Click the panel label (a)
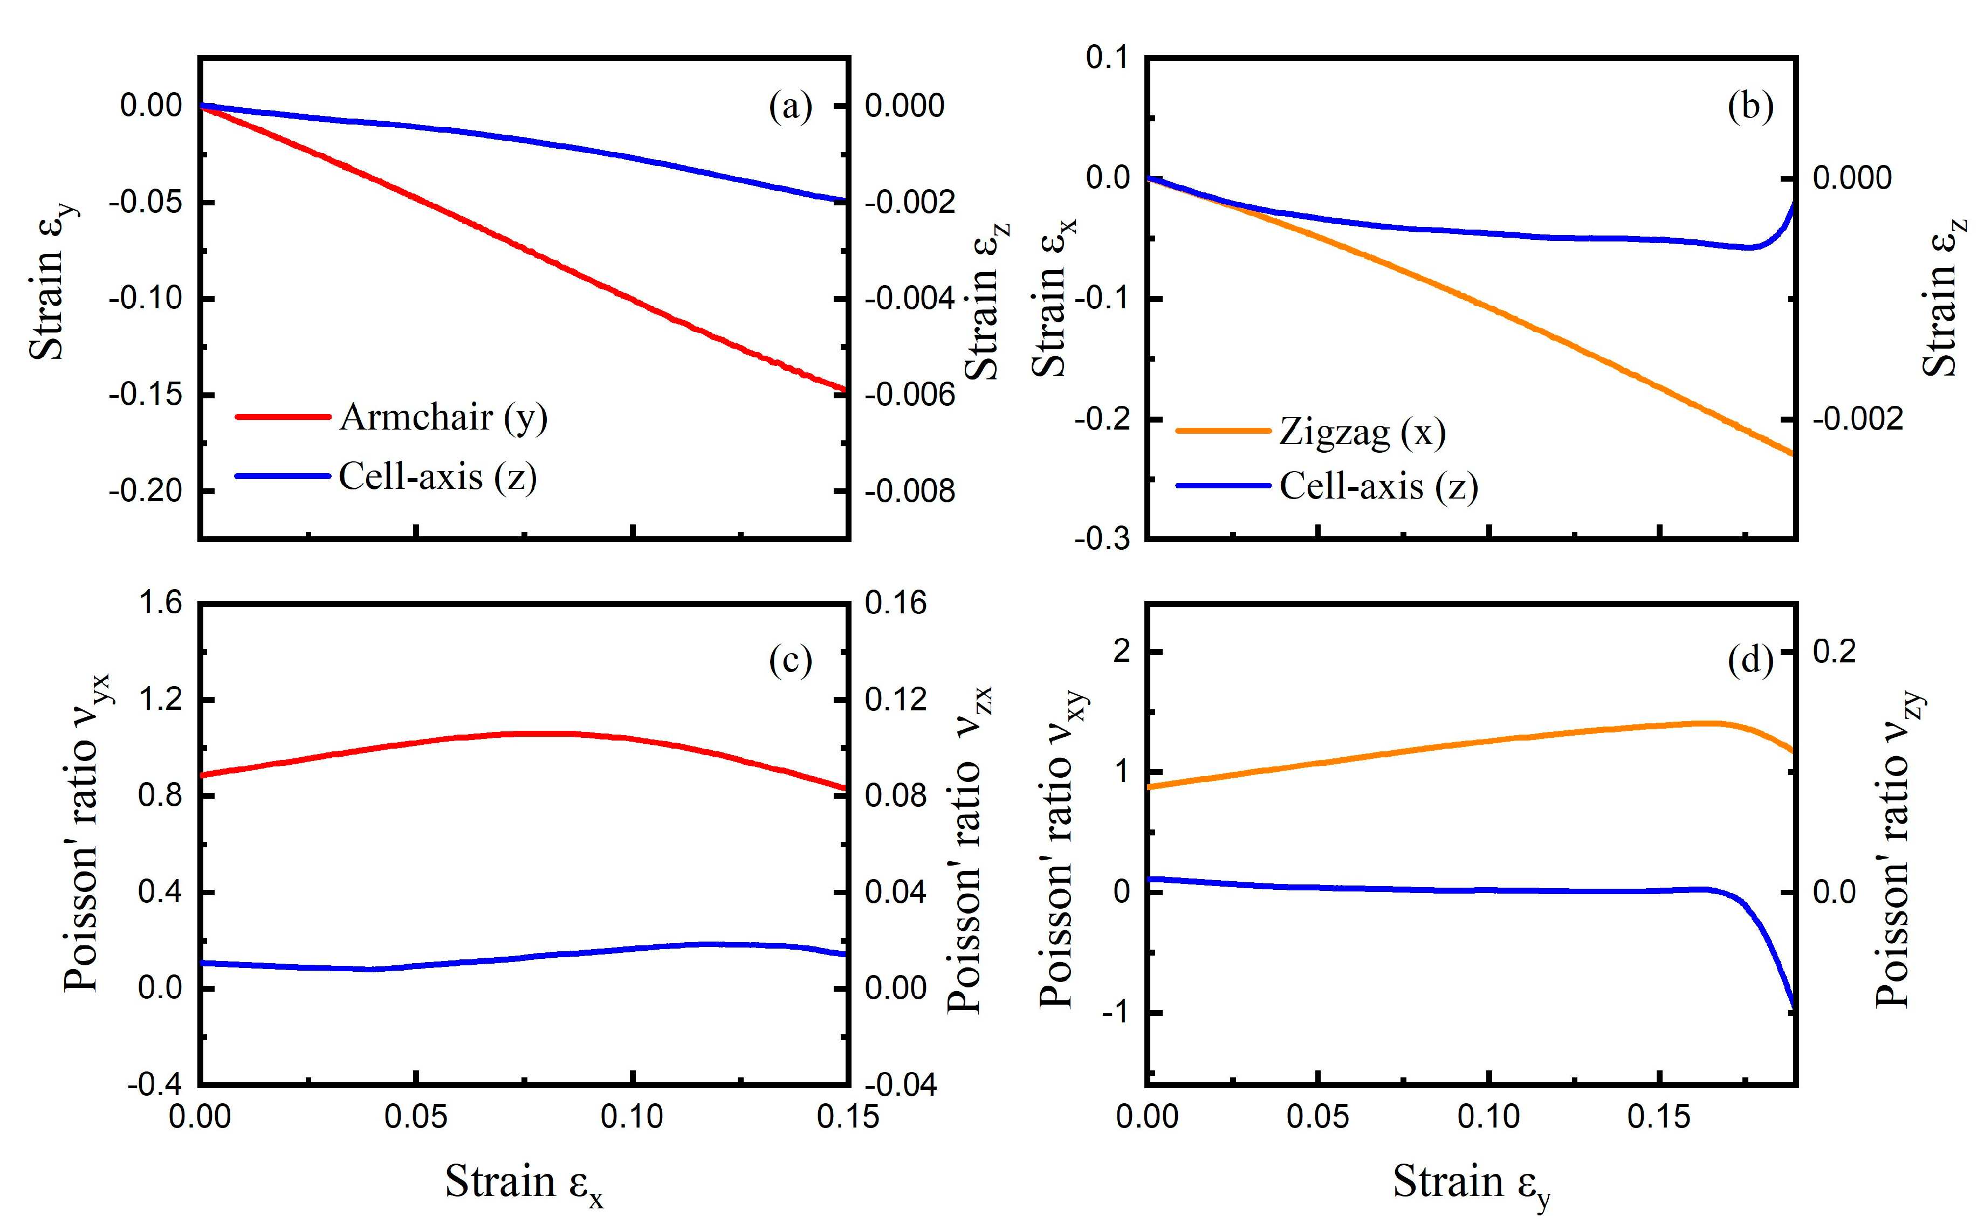790,107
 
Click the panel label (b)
1750,107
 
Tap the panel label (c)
790,661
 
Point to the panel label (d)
1750,661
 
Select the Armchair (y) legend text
443,418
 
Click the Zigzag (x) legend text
1362,432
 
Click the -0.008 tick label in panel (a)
909,492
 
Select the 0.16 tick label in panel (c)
895,603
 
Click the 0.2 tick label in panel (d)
1834,651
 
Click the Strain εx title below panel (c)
524,1184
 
